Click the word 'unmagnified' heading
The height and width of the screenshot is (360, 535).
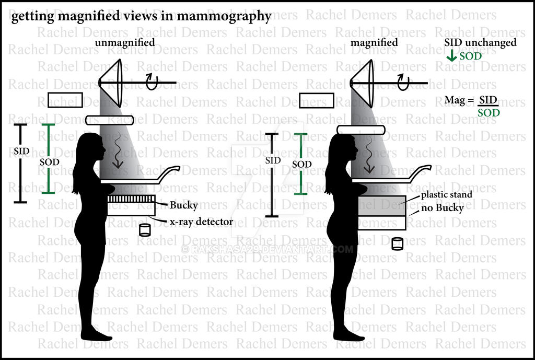pyautogui.click(x=125, y=43)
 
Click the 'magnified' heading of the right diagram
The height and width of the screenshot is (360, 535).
pyautogui.click(x=374, y=43)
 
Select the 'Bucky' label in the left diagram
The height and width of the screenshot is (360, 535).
pyautogui.click(x=183, y=205)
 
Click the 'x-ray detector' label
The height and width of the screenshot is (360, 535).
pyautogui.click(x=201, y=222)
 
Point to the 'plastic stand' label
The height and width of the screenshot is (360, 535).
pyautogui.click(x=447, y=195)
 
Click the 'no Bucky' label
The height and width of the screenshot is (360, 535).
pyautogui.click(x=442, y=208)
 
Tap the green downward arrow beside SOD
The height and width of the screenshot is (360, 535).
pyautogui.click(x=451, y=56)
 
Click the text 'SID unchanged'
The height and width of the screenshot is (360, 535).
pyautogui.click(x=480, y=43)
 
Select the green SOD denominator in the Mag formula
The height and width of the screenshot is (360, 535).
pyautogui.click(x=489, y=113)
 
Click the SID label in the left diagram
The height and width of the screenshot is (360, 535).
pyautogui.click(x=21, y=151)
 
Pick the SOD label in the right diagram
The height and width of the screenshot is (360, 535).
pyautogui.click(x=301, y=165)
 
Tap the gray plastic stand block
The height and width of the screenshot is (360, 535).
pyautogui.click(x=382, y=206)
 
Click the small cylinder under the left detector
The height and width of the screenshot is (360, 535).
pyautogui.click(x=145, y=230)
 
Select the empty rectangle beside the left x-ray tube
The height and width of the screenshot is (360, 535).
pyautogui.click(x=65, y=100)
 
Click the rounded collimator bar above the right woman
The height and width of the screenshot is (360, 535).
pyautogui.click(x=361, y=130)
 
